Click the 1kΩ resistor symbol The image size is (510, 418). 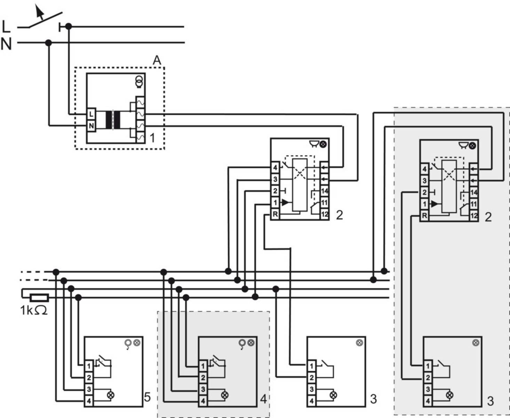click(x=39, y=298)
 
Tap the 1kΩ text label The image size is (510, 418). click(x=34, y=310)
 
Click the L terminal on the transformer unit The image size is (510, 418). click(x=91, y=114)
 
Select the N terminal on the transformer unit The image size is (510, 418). click(x=91, y=126)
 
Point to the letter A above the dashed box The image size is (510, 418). click(x=157, y=60)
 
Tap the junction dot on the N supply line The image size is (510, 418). click(x=49, y=43)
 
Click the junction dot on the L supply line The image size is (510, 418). click(x=69, y=26)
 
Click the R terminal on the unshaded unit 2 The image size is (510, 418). click(x=275, y=214)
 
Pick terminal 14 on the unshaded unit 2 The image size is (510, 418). click(x=324, y=191)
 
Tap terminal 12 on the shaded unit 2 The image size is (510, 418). click(x=473, y=216)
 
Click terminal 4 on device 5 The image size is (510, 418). click(x=89, y=401)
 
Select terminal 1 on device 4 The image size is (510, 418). click(x=203, y=366)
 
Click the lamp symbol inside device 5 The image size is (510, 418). click(x=111, y=395)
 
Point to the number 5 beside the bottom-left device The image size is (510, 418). click(x=148, y=397)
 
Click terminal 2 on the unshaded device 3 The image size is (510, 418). click(x=311, y=378)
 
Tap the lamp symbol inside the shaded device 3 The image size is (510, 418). click(x=449, y=395)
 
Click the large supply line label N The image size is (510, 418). click(x=6, y=44)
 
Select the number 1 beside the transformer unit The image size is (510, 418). click(x=152, y=138)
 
